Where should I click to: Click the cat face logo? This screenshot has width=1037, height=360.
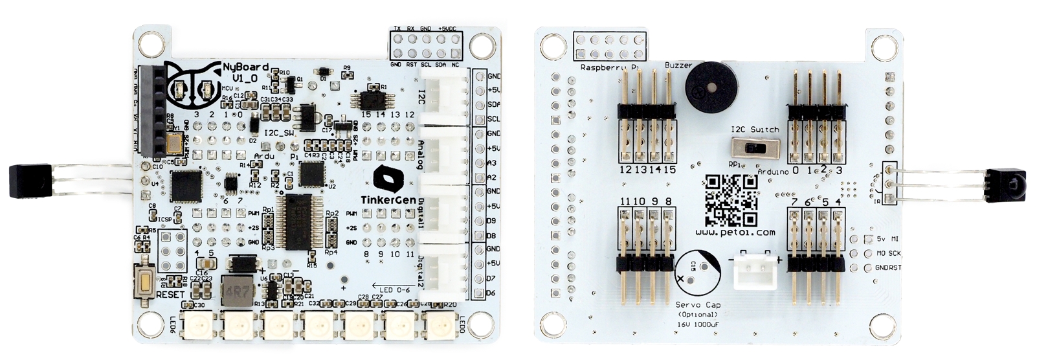point(192,83)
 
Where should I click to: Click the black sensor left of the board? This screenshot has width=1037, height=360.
point(25,181)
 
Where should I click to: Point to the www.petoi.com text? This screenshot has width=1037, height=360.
point(735,231)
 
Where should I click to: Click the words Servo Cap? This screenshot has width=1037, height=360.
point(697,305)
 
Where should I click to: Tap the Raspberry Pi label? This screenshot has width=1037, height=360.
point(609,67)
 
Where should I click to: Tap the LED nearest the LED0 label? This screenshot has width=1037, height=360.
point(438,324)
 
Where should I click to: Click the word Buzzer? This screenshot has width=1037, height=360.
point(678,65)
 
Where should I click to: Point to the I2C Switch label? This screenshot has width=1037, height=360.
point(755,129)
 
